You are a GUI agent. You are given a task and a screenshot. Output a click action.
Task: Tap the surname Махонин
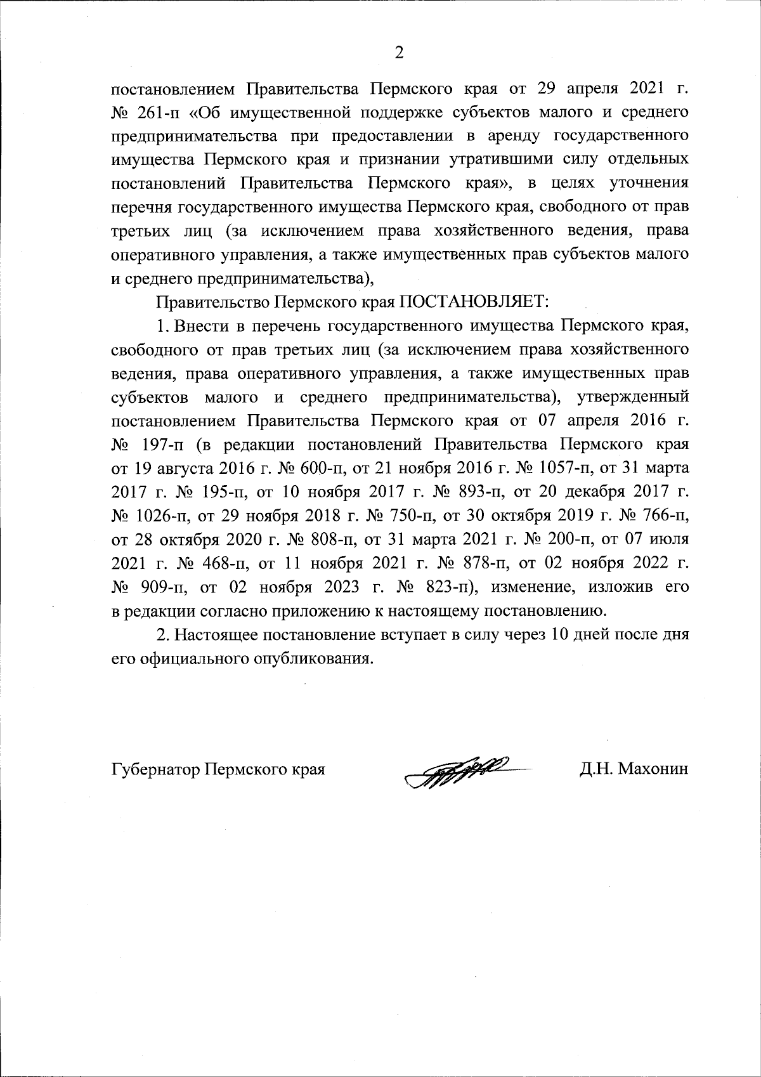[x=653, y=769]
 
